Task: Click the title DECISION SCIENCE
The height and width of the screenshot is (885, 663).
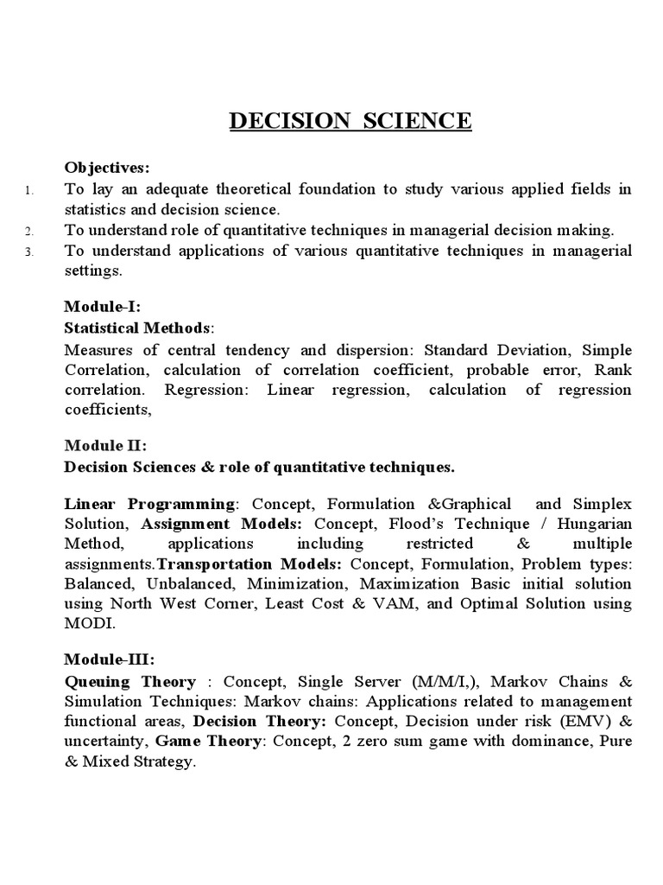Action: tap(350, 120)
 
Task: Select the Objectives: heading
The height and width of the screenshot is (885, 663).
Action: tap(106, 167)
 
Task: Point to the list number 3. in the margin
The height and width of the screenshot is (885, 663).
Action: tap(29, 252)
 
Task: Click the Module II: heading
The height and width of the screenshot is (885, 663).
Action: tap(106, 445)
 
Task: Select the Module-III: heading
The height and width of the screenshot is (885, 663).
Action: tap(110, 659)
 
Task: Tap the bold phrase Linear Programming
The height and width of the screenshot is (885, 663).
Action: tap(149, 504)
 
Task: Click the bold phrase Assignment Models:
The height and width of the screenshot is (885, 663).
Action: tap(222, 524)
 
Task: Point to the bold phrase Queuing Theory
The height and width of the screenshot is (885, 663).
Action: tap(130, 681)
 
